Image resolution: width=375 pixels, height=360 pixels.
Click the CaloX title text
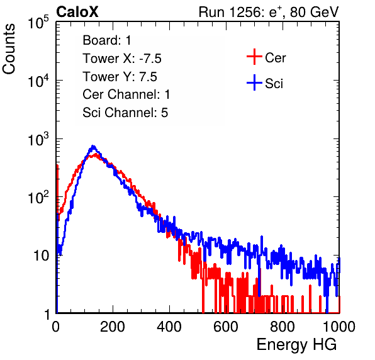click(x=77, y=12)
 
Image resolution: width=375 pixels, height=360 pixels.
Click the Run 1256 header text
click(x=269, y=13)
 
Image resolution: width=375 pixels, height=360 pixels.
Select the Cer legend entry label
click(x=275, y=58)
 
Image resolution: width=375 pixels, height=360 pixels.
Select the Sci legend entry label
click(x=274, y=84)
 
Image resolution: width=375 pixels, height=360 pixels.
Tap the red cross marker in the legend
click(x=254, y=57)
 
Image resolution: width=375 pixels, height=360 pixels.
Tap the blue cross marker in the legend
click(x=254, y=82)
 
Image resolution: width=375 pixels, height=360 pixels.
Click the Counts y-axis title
click(x=9, y=49)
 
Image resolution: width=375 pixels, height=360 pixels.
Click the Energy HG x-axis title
click(x=296, y=345)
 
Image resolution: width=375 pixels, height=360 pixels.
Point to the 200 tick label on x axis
click(x=113, y=327)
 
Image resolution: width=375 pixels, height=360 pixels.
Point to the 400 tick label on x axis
click(x=169, y=327)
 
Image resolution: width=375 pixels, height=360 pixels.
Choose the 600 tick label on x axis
click(x=226, y=327)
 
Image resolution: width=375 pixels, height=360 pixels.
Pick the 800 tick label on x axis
click(x=283, y=327)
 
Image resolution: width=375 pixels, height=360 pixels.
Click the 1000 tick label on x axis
click(x=339, y=327)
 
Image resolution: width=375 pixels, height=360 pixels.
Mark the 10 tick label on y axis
click(x=42, y=256)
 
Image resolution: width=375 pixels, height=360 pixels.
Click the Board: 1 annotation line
click(x=107, y=40)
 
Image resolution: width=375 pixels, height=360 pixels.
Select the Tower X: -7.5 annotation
click(x=122, y=59)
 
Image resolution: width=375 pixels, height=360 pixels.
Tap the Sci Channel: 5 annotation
click(x=125, y=113)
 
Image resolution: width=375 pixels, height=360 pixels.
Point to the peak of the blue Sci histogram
click(x=93, y=147)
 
